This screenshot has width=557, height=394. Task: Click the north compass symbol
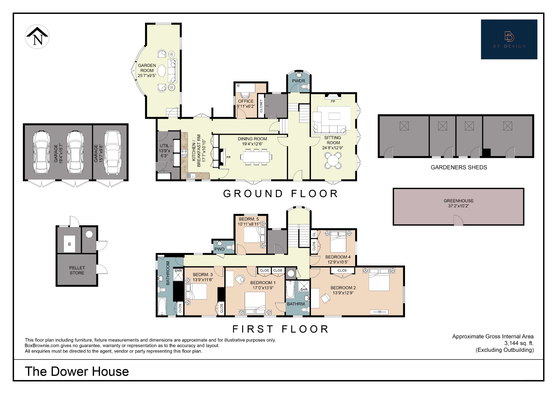[37, 37]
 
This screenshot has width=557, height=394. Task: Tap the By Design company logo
[509, 39]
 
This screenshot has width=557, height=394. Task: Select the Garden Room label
[147, 68]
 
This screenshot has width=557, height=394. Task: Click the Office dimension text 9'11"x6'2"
[246, 106]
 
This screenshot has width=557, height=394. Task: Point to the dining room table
[256, 157]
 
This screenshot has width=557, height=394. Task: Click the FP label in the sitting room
[333, 101]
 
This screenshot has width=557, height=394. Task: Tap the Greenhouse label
[459, 201]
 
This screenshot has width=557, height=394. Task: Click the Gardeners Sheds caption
[459, 167]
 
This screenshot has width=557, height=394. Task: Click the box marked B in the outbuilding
[69, 244]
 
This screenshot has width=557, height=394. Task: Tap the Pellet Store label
[77, 270]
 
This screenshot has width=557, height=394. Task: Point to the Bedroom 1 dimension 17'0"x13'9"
[263, 288]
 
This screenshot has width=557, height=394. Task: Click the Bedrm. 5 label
[249, 219]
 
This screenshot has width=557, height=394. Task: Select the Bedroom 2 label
[343, 288]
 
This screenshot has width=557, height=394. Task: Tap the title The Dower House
[77, 371]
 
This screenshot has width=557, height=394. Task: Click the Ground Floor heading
[280, 194]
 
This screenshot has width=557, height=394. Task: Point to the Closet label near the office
[261, 106]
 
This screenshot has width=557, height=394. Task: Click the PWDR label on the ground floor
[298, 81]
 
